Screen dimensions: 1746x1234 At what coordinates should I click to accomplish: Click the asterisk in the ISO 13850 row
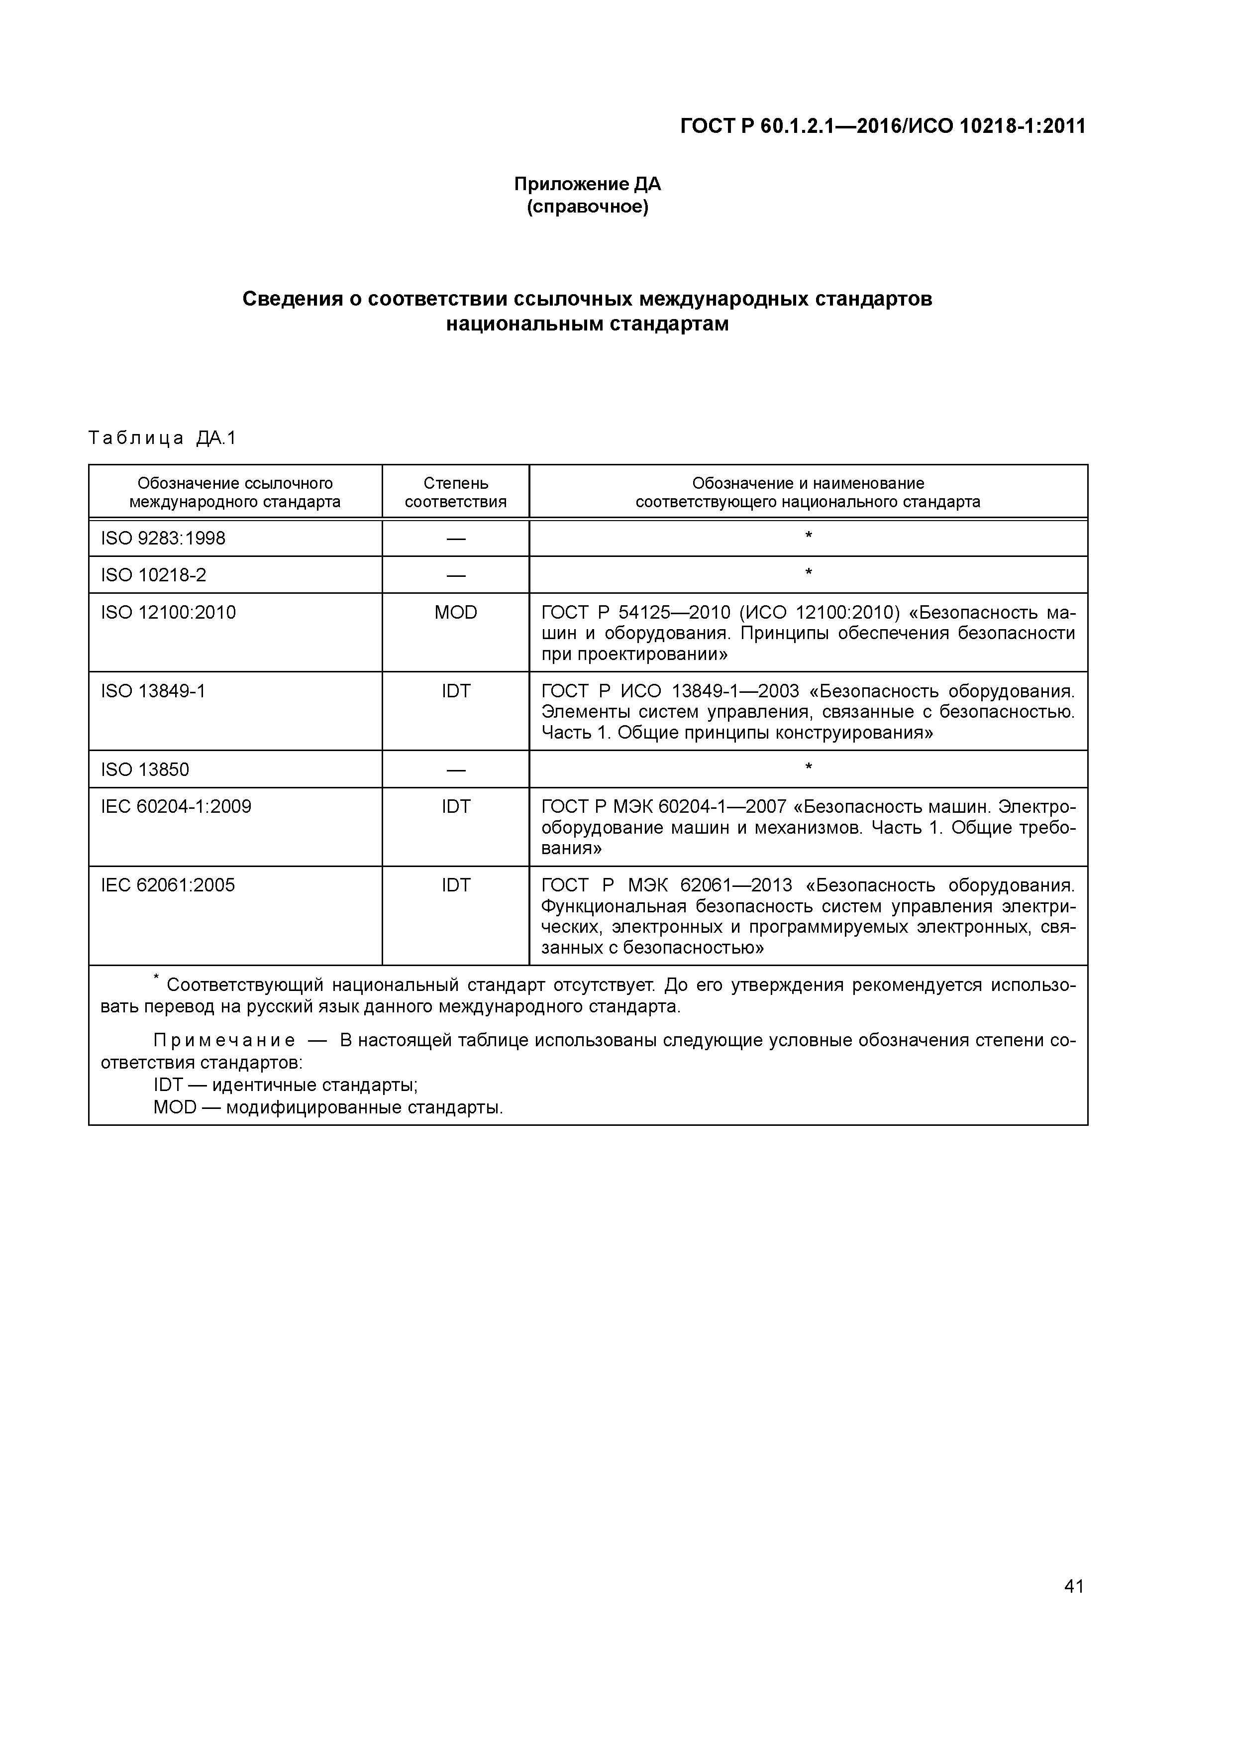[x=808, y=767]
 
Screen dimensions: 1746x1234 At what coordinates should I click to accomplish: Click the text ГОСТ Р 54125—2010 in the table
[x=635, y=612]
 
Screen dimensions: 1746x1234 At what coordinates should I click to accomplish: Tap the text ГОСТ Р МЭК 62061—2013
[x=666, y=885]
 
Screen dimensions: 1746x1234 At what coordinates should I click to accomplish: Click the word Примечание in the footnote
[x=224, y=1040]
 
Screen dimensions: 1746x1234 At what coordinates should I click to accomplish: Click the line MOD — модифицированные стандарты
[x=328, y=1107]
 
